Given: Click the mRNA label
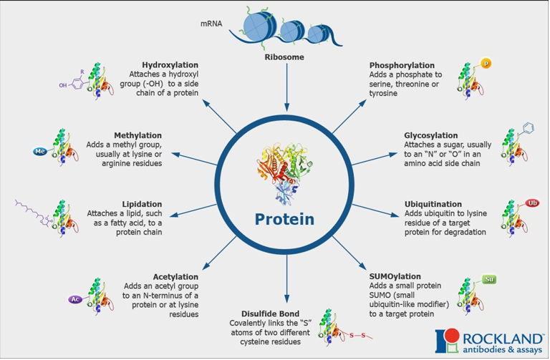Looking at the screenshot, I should click(211, 24).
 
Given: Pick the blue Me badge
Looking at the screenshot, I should click(40, 152).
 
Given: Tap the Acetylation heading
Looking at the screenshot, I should click(175, 276).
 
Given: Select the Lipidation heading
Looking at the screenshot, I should click(142, 204).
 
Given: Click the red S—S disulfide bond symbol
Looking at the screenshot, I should click(357, 334).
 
